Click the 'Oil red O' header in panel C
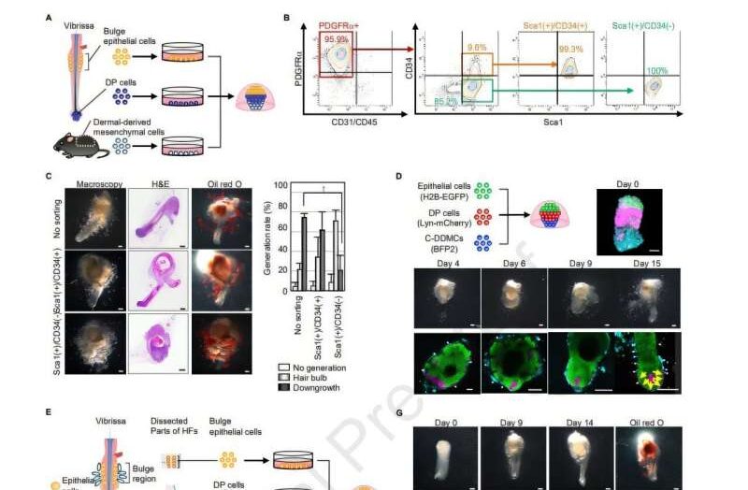click(213, 177)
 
